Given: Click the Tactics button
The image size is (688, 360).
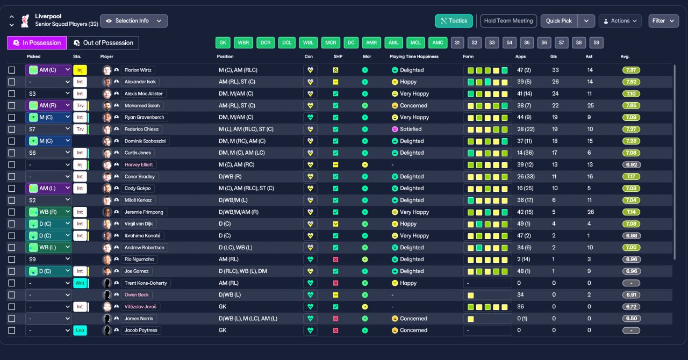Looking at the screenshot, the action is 454,21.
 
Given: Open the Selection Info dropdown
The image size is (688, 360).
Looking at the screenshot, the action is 134,21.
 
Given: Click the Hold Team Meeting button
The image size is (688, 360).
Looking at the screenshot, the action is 508,21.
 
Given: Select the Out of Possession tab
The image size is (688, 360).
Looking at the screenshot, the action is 103,42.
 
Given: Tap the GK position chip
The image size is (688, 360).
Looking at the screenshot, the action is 223,42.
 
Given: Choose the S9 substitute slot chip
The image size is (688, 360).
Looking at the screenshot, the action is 596,42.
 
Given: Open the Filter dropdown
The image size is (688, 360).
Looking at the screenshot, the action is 663,21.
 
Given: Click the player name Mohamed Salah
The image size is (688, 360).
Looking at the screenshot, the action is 142,106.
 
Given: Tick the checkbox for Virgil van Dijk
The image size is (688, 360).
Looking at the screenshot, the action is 12,224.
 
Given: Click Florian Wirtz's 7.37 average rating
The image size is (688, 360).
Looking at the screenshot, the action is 631,70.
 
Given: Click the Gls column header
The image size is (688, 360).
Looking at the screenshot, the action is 554,56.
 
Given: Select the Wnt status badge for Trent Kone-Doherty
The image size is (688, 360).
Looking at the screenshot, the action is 80,283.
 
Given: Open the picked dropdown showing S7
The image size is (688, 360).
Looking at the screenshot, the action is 48,129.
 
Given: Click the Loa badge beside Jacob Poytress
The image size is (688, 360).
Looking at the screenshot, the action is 80,330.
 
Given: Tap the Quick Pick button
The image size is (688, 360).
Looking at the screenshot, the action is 558,21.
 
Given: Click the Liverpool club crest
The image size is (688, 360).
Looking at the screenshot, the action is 25,21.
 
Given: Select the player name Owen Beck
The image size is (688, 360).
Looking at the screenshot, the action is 137,295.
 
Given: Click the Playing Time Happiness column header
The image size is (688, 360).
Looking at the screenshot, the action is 414,56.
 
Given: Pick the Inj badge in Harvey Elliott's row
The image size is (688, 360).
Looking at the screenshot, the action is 80,165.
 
